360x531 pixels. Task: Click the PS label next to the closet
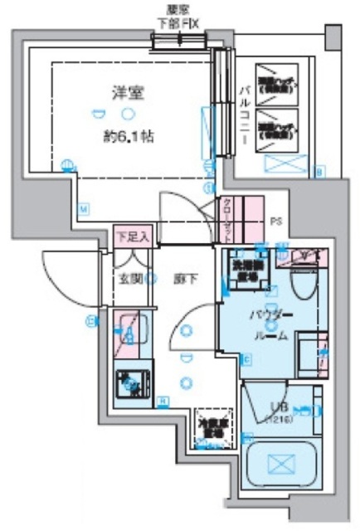click(x=276, y=222)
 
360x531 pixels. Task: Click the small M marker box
click(x=84, y=208)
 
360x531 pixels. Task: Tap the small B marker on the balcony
click(x=320, y=172)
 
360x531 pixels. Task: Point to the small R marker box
click(x=163, y=402)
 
